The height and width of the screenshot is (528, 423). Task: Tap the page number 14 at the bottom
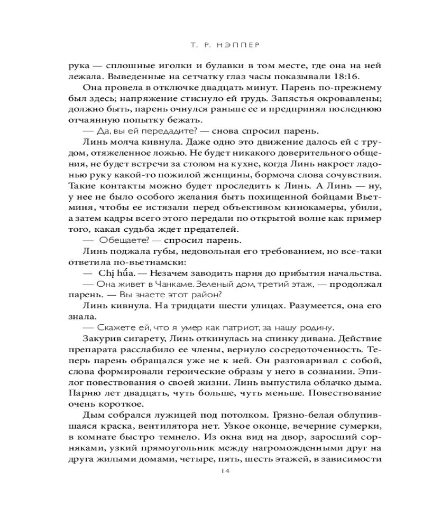[x=211, y=472]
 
